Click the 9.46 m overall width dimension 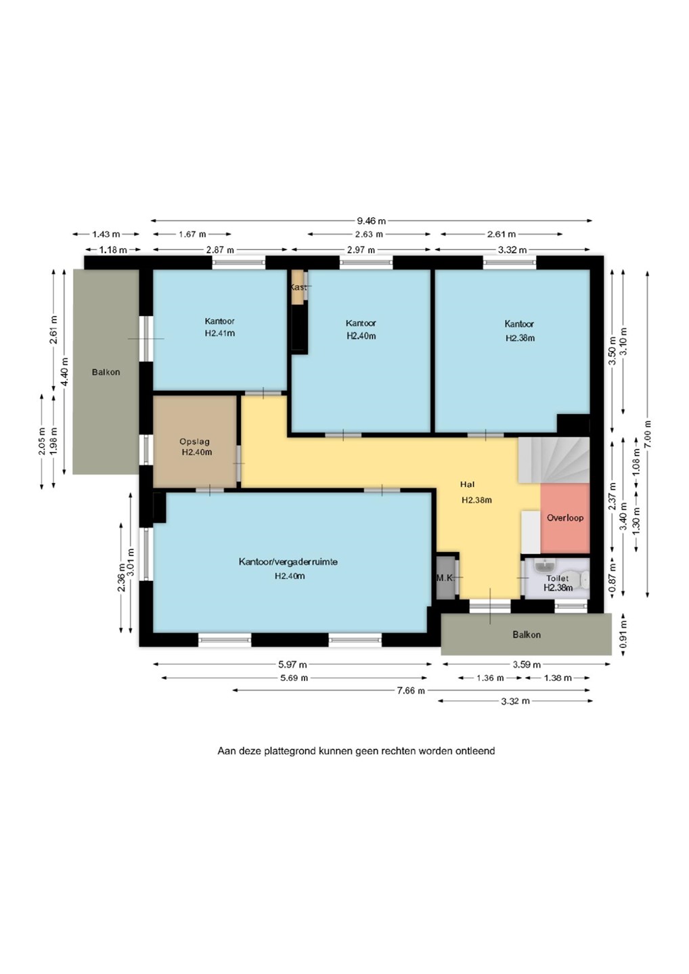coord(372,221)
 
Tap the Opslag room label coord(194,441)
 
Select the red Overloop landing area coord(565,518)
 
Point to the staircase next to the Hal coord(554,460)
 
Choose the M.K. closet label coord(445,578)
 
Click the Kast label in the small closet coord(298,287)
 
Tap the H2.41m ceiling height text coord(220,333)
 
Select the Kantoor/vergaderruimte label coord(288,562)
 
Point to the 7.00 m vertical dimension coord(648,434)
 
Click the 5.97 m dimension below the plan coord(292,664)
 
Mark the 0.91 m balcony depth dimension coord(624,634)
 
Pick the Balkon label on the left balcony coord(106,372)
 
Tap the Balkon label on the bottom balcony coord(527,635)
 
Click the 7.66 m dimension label coord(411,691)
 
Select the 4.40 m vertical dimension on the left coord(64,371)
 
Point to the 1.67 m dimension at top coord(192,234)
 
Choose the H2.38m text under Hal coord(476,500)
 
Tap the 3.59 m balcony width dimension coord(527,664)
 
